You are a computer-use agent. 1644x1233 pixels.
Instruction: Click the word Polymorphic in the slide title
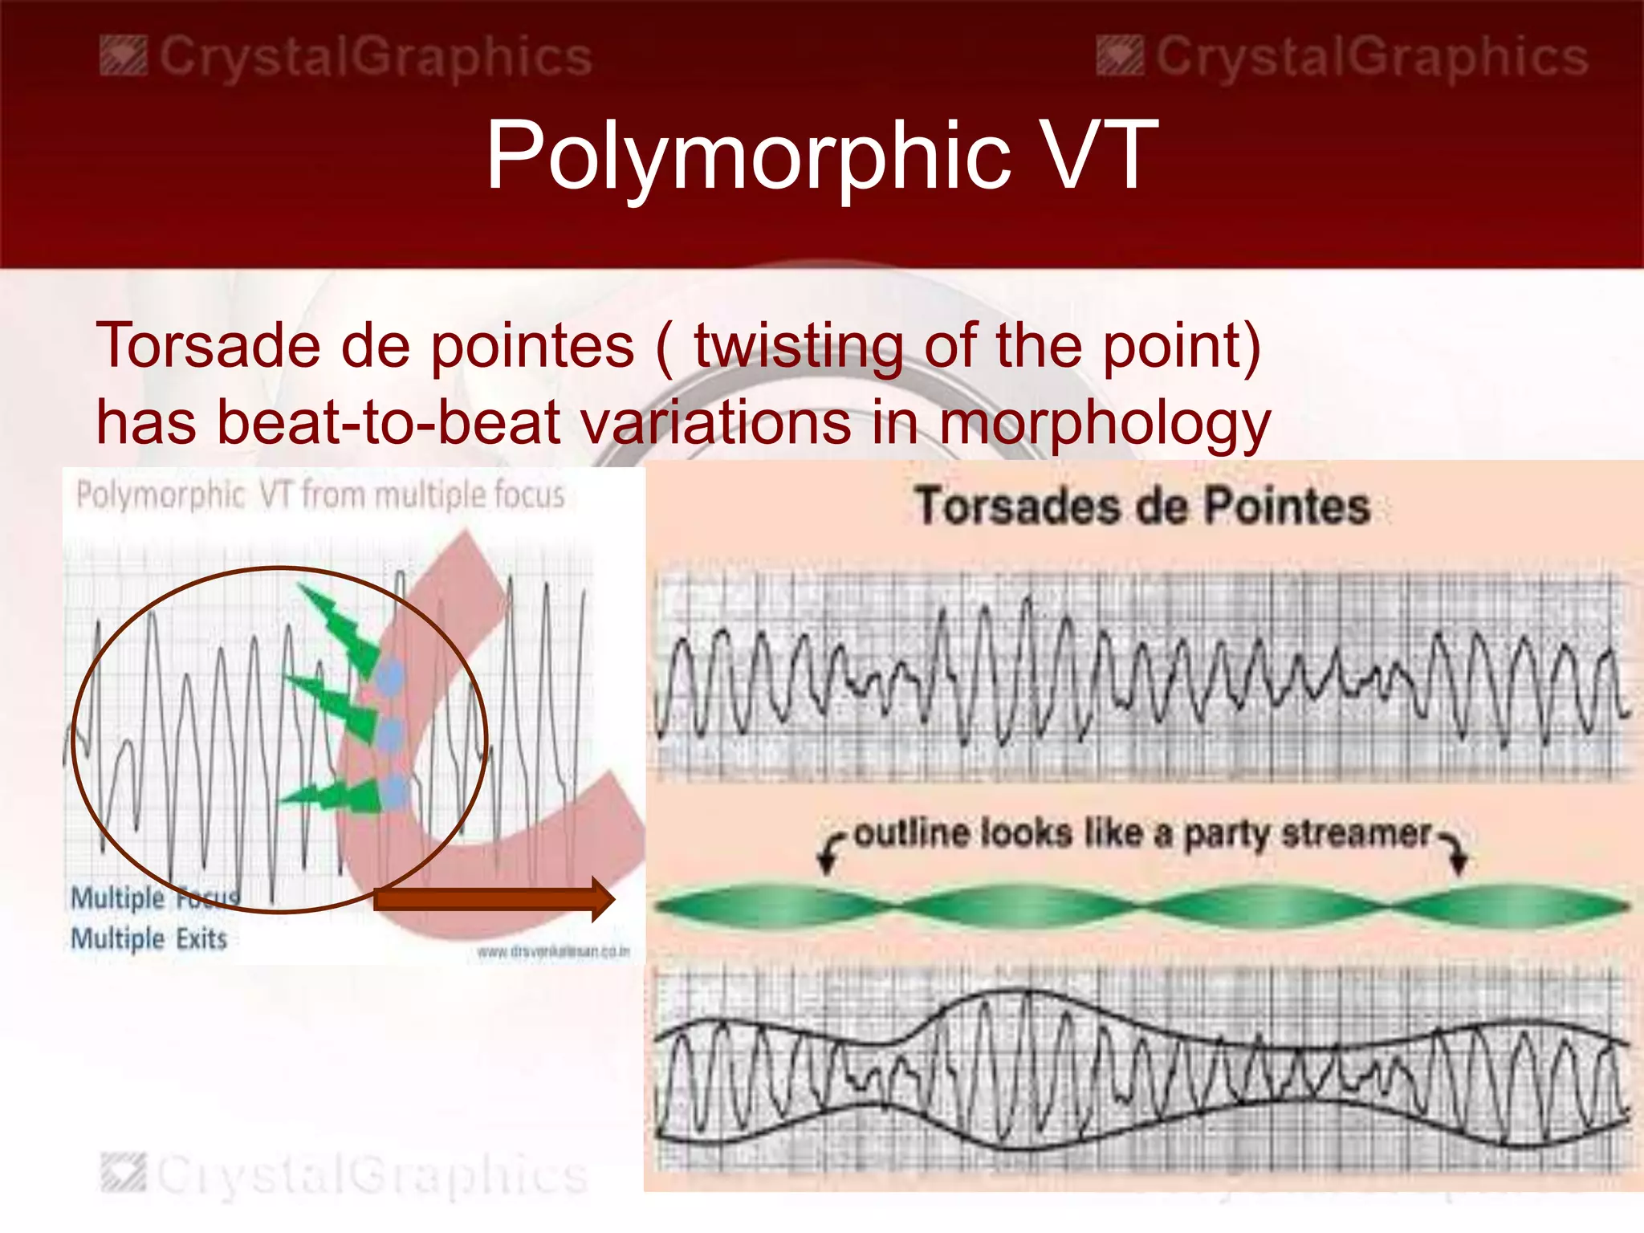tap(747, 157)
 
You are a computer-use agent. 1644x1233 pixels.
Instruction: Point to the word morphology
tap(1105, 424)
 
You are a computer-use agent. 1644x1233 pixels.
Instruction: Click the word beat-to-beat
tap(389, 422)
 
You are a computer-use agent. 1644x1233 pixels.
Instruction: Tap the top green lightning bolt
tap(341, 626)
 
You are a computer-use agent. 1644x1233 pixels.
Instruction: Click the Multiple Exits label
tap(149, 938)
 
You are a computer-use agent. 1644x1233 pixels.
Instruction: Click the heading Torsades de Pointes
tap(1142, 507)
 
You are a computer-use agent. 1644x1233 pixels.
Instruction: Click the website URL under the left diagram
tap(553, 952)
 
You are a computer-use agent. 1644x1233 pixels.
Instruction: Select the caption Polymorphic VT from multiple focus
tap(320, 495)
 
